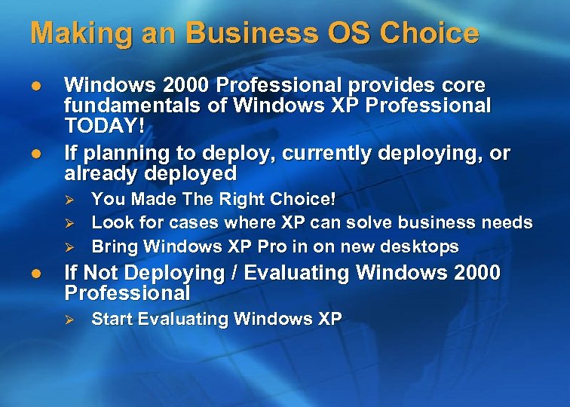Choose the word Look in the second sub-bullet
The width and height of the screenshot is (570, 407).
(x=112, y=223)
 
